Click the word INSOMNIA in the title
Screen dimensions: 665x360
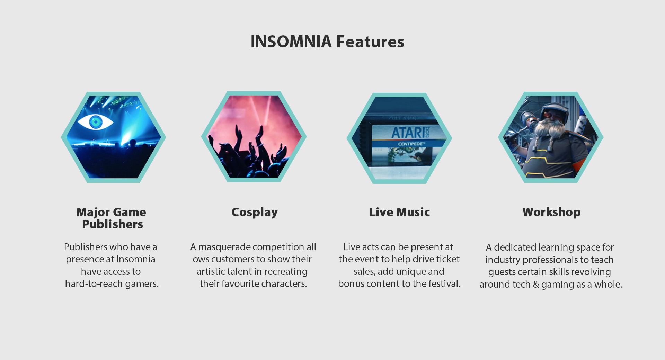click(291, 42)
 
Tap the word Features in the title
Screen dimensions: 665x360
click(370, 42)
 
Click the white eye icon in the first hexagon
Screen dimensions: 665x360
click(95, 122)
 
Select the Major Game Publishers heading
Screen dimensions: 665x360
click(111, 218)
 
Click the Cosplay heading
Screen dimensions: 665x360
click(255, 212)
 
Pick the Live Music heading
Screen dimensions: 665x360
click(400, 212)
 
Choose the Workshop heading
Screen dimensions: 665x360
click(551, 212)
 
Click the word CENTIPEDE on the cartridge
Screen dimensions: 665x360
click(411, 144)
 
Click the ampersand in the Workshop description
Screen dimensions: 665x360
click(536, 285)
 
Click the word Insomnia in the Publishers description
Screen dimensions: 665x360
click(136, 259)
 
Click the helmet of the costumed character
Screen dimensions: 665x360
click(553, 111)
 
